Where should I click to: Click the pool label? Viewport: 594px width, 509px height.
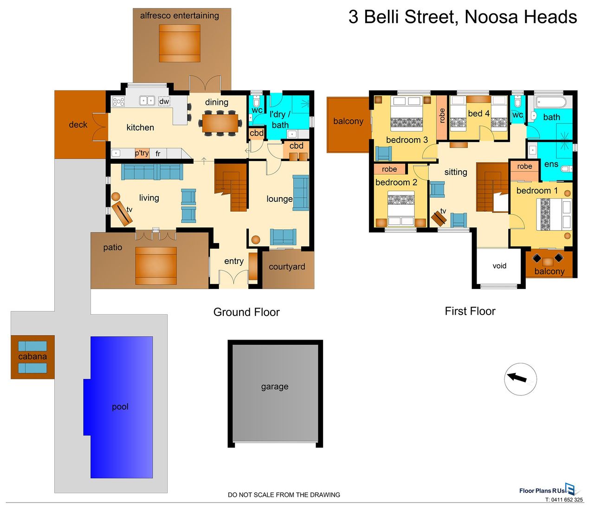click(x=120, y=407)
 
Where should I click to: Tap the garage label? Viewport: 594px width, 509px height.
click(x=275, y=387)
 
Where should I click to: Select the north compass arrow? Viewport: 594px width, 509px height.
click(x=517, y=377)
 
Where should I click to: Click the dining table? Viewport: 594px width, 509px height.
click(x=220, y=123)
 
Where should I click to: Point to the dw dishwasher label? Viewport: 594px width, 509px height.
click(x=164, y=101)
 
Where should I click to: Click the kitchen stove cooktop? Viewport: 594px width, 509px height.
click(x=118, y=102)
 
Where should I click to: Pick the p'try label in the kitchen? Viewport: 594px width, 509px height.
click(x=142, y=153)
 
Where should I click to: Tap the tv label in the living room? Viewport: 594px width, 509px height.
click(x=129, y=210)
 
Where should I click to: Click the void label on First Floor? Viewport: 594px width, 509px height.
click(x=499, y=266)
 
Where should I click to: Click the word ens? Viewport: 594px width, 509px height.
click(x=551, y=164)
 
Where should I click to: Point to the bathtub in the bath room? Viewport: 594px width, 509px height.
click(x=550, y=103)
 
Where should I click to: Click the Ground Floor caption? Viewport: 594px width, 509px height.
click(x=246, y=312)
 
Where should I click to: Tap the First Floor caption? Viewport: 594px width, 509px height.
click(x=470, y=311)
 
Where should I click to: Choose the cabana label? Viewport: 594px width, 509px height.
click(x=32, y=357)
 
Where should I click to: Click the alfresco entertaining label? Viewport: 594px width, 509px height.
click(x=179, y=15)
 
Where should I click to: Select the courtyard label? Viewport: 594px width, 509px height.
click(x=287, y=267)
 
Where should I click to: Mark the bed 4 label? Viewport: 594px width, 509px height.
click(x=479, y=114)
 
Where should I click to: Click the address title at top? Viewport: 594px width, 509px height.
click(x=463, y=17)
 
